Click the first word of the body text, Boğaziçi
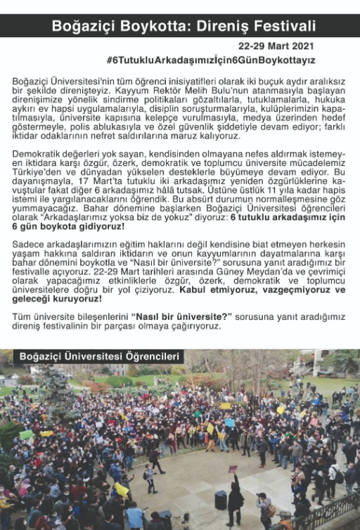pyautogui.click(x=31, y=82)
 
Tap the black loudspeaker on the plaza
pyautogui.click(x=221, y=499)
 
